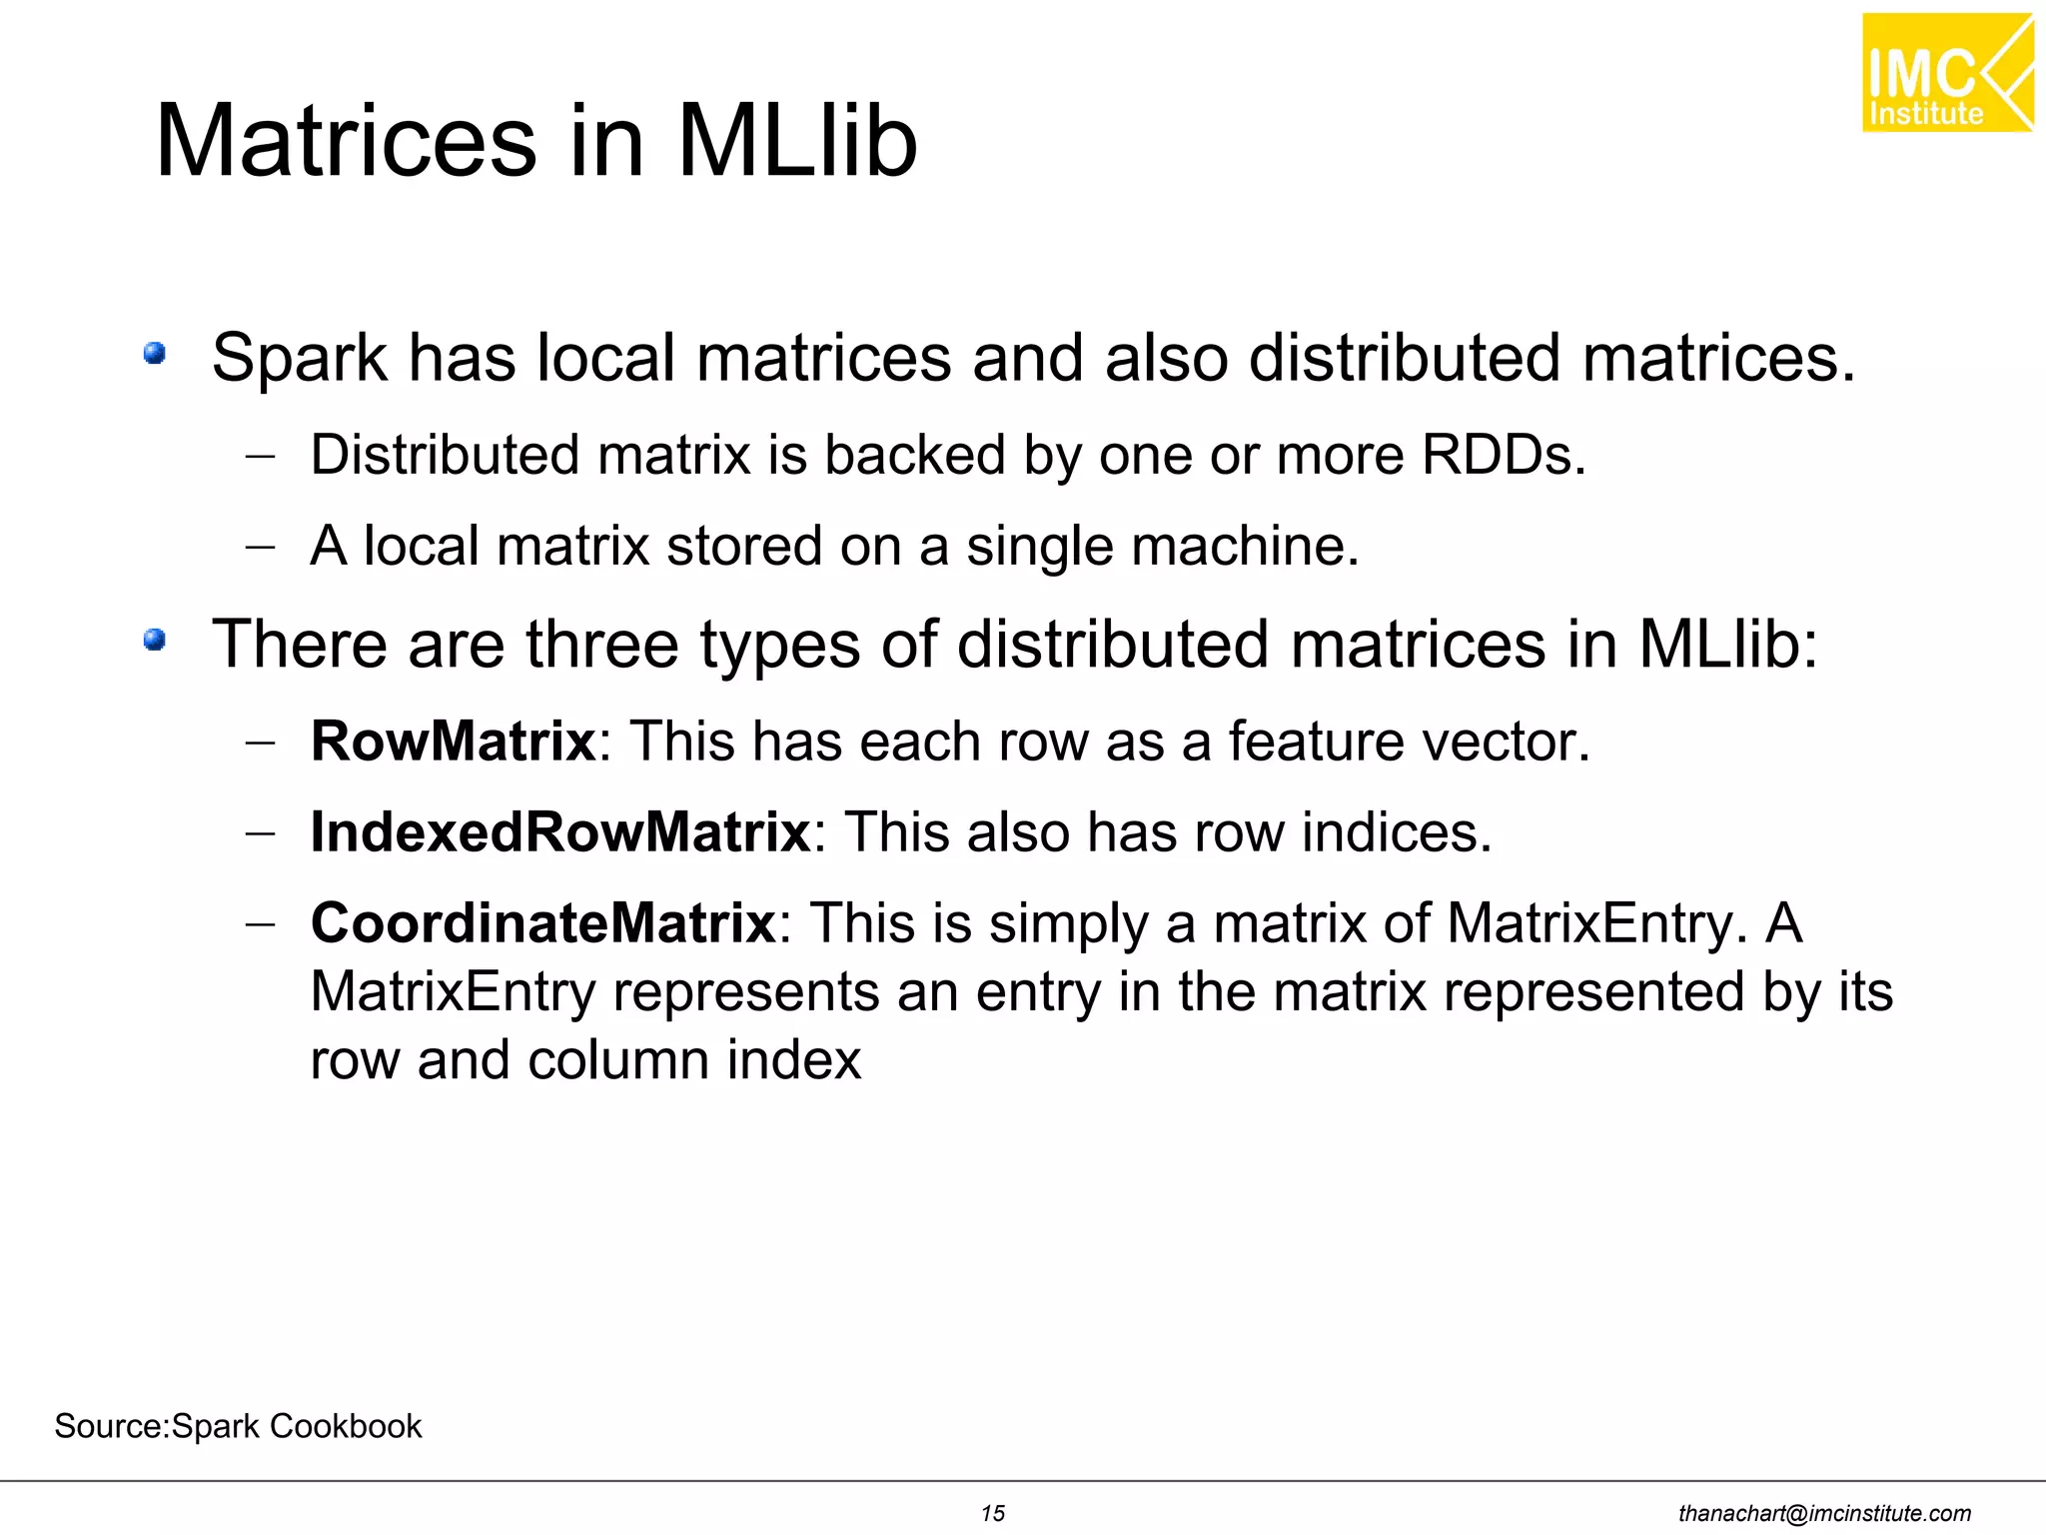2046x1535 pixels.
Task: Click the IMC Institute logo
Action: coord(1946,73)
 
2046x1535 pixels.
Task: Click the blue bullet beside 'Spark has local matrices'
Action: coord(154,354)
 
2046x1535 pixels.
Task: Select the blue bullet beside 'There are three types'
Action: coord(154,640)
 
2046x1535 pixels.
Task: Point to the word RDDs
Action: coord(1503,455)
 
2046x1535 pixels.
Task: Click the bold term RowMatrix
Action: coord(453,742)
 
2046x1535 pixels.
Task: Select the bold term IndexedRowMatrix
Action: coord(559,832)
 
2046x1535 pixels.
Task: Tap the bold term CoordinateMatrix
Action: coord(542,922)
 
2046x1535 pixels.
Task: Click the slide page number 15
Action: coord(992,1513)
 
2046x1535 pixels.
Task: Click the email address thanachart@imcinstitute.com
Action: coord(1824,1514)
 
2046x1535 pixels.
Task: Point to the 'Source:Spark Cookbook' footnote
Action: coord(238,1426)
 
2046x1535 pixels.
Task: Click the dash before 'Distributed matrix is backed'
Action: coord(260,457)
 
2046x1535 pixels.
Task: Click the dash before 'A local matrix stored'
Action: coord(260,548)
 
